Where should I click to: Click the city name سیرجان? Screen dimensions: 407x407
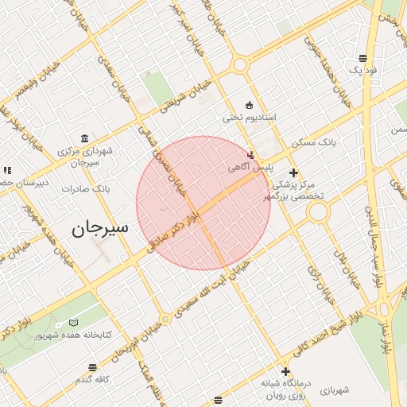(99, 229)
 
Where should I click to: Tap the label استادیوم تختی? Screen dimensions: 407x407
(249, 118)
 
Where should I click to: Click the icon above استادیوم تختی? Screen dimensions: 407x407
(249, 105)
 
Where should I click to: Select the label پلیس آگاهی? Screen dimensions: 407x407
(250, 168)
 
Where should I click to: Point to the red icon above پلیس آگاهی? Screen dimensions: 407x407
(251, 155)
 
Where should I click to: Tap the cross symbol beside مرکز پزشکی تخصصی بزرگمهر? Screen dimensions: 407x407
(293, 172)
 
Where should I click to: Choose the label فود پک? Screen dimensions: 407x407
(362, 70)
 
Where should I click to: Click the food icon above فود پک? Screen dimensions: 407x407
(362, 57)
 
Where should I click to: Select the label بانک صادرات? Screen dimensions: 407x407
(90, 189)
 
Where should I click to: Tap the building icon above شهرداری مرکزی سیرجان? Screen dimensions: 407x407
(84, 138)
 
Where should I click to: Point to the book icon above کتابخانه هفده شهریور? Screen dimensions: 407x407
(73, 323)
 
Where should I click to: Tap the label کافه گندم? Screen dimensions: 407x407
(93, 379)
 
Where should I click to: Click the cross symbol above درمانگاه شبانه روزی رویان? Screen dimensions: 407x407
(285, 371)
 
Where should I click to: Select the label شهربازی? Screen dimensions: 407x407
(335, 390)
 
